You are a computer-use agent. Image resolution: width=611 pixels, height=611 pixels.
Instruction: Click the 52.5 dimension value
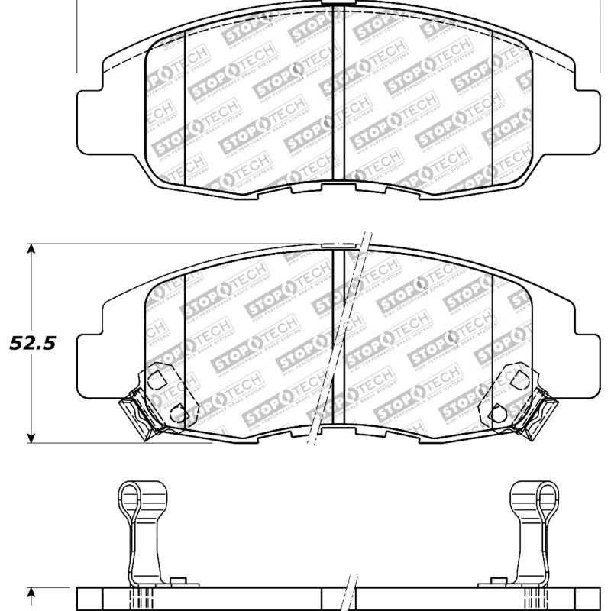coord(31,344)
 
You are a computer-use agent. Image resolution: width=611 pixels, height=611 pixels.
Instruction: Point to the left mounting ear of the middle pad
coord(89,358)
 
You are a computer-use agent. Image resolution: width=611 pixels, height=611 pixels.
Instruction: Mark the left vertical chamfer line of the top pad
coord(186,111)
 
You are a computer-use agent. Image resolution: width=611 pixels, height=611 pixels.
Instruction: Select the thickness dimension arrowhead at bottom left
coord(31,592)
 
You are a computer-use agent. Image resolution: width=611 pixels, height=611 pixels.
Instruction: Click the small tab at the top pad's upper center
coord(333,4)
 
